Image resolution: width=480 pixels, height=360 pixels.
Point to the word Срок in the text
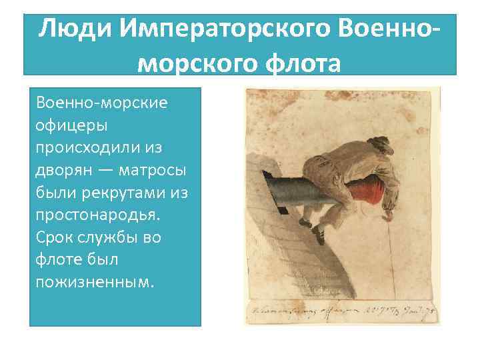pyautogui.click(x=56, y=237)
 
